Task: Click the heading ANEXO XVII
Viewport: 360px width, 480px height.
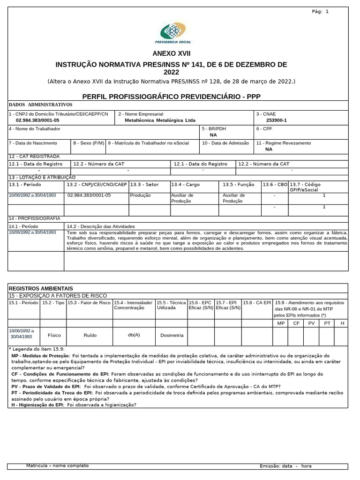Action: (x=172, y=54)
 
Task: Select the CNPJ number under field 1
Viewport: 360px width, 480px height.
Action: (x=37, y=120)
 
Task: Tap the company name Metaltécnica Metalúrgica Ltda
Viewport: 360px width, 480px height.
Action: (x=160, y=120)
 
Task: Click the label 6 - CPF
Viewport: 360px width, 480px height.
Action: (x=265, y=128)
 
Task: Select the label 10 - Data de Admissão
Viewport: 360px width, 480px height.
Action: (x=225, y=143)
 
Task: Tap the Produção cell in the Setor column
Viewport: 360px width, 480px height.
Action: (x=140, y=195)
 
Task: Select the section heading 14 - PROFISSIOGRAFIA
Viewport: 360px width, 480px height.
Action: (x=35, y=218)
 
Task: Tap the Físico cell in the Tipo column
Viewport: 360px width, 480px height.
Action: (x=54, y=335)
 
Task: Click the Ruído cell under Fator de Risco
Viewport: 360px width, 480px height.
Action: (x=90, y=335)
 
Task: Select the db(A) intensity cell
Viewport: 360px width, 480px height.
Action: (x=134, y=335)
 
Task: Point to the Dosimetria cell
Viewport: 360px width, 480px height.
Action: (x=172, y=335)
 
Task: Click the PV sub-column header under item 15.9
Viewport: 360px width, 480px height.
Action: (x=312, y=323)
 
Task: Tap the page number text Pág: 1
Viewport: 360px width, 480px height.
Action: (x=320, y=11)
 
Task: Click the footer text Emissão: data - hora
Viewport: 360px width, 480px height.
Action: (x=285, y=466)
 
